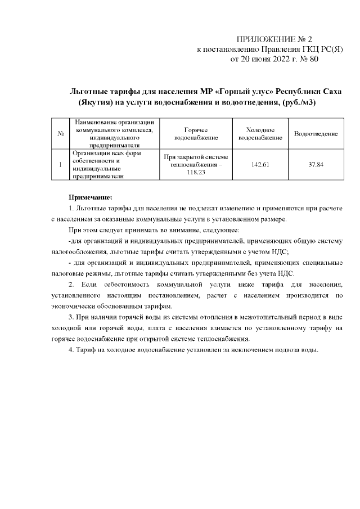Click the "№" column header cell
(x=60, y=134)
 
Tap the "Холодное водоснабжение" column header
(x=259, y=134)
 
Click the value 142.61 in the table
(x=259, y=164)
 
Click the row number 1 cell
(x=60, y=164)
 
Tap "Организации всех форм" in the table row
(x=105, y=153)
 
